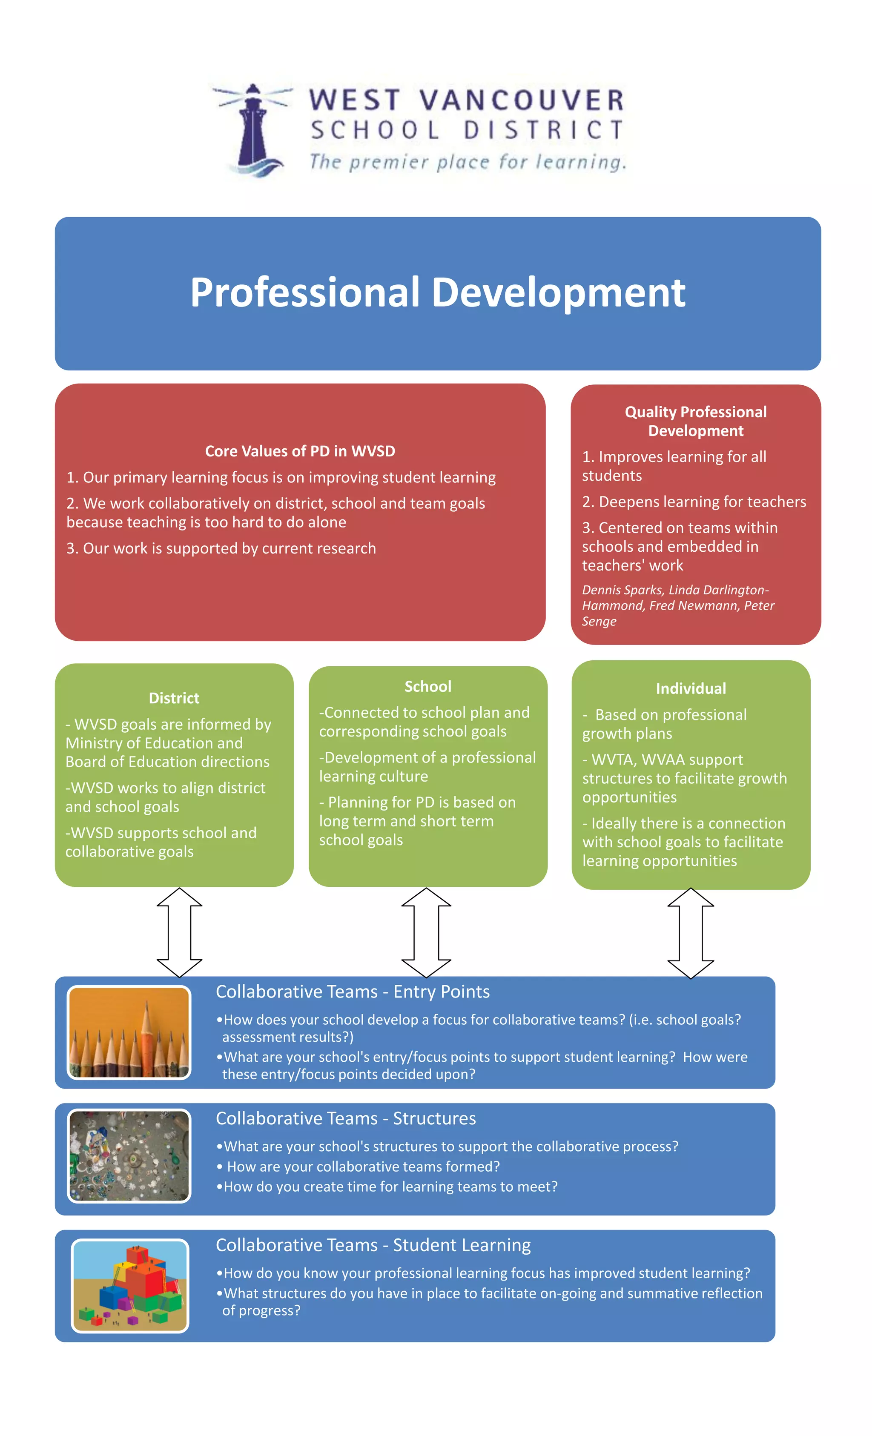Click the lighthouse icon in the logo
253,129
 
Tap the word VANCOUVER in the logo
521,100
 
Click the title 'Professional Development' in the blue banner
437,292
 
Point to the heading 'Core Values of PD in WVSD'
300,451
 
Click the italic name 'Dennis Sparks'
621,590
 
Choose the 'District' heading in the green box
174,698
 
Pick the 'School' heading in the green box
428,687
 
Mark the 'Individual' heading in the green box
691,689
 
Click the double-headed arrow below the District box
180,932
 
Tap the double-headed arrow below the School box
426,932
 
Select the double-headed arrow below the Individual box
691,932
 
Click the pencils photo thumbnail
129,1032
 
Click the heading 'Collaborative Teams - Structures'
346,1118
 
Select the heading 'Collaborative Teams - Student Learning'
373,1245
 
